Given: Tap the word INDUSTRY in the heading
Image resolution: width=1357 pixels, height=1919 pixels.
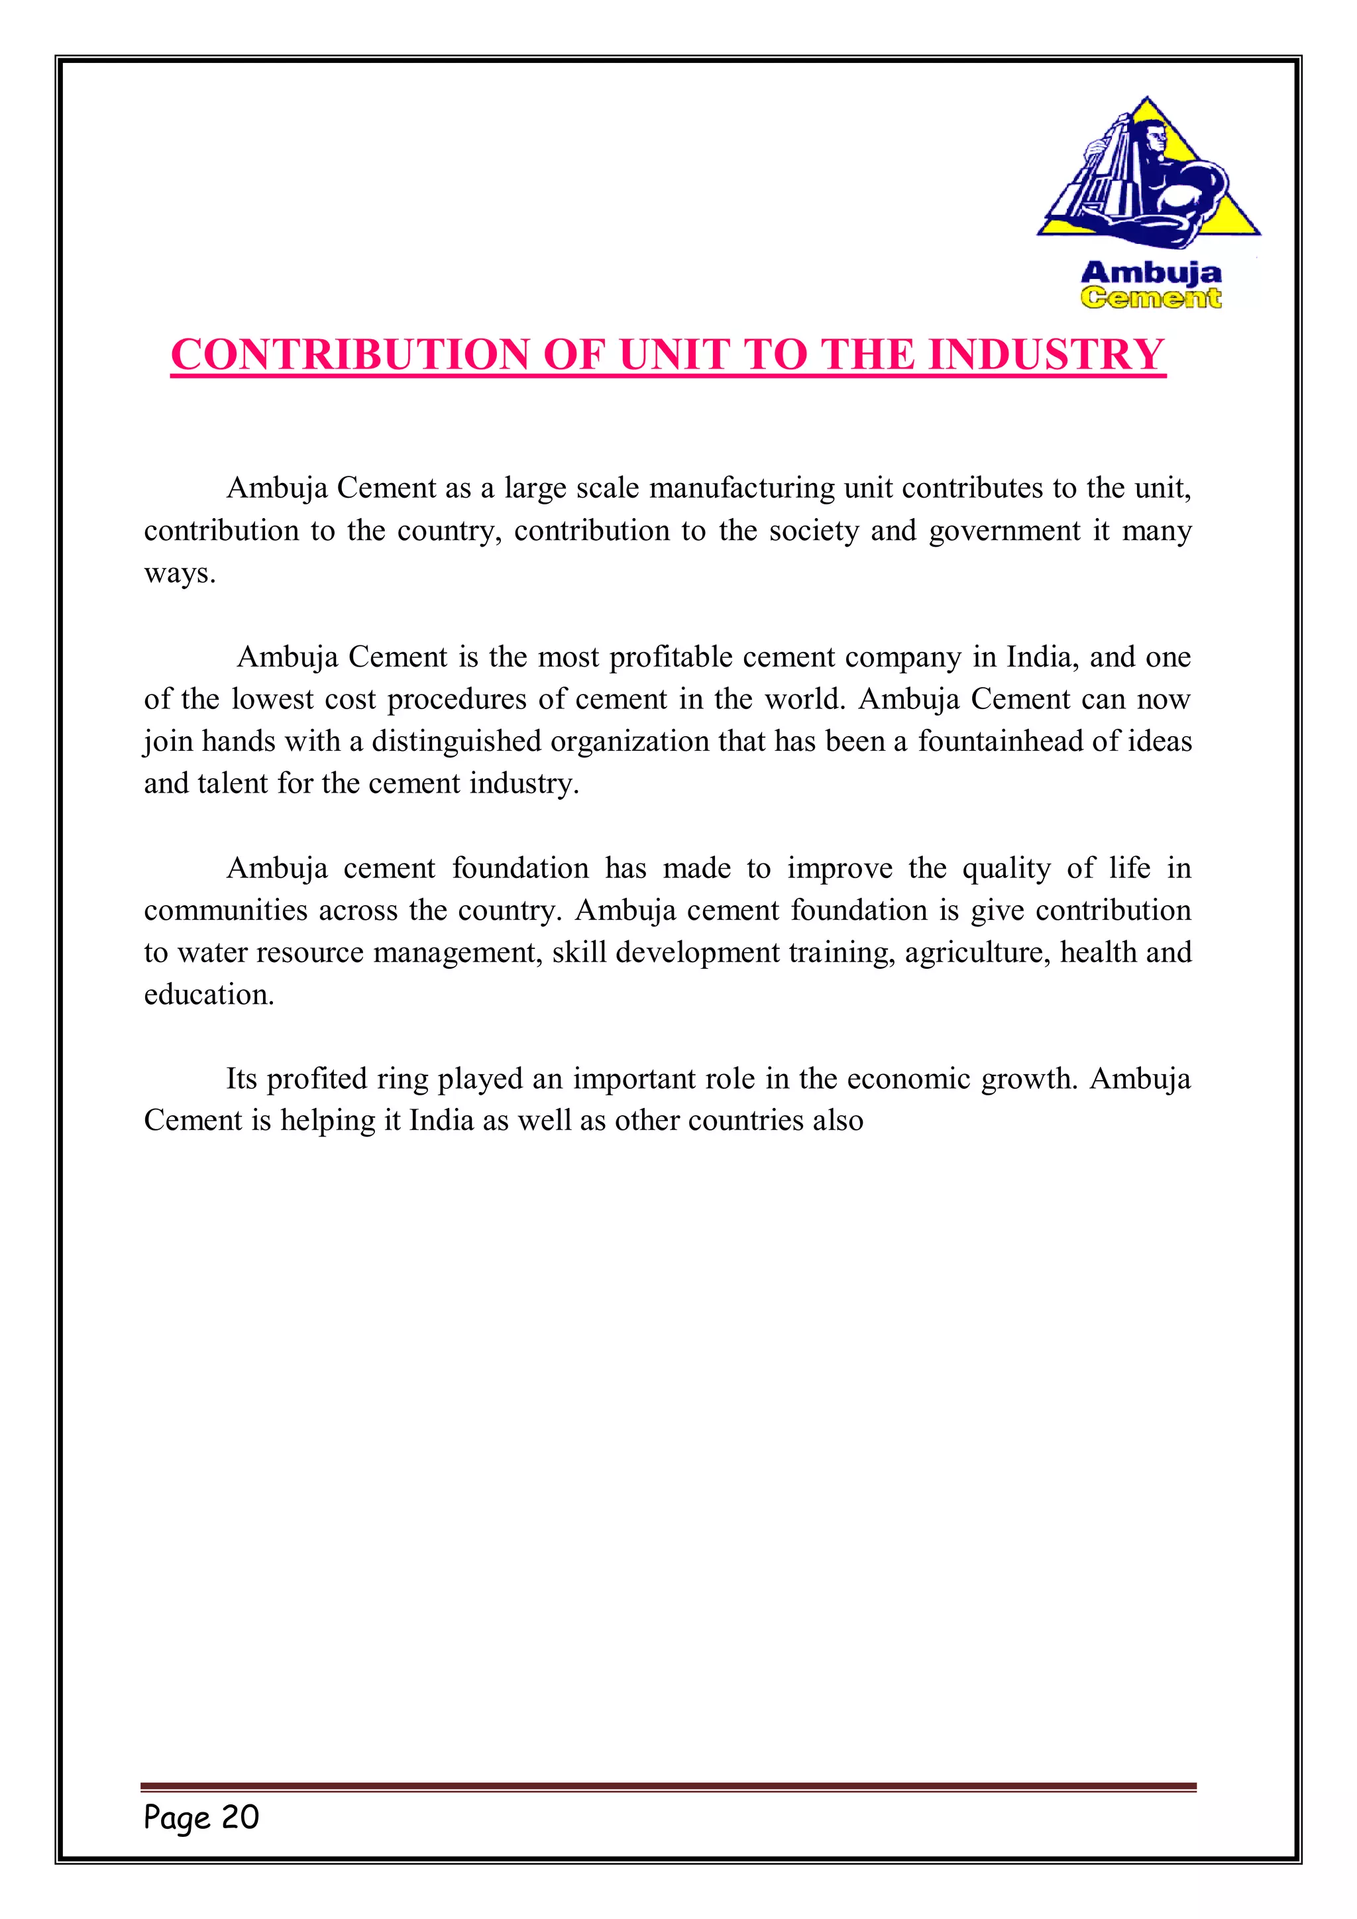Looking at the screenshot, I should [x=1046, y=355].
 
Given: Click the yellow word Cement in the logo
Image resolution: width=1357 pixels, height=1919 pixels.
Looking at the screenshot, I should [x=1151, y=298].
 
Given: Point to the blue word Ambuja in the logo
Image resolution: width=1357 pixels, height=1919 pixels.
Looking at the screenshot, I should [x=1151, y=272].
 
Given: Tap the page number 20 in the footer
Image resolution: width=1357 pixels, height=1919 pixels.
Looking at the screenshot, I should [x=240, y=1816].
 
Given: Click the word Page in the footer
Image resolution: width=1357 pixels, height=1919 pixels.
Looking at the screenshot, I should [x=176, y=1818].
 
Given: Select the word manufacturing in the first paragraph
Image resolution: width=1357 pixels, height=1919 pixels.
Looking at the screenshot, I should [x=741, y=488].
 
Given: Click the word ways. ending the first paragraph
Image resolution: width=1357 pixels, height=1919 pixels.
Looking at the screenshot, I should [x=180, y=575].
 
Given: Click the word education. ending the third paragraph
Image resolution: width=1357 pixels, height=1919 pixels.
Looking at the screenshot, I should [x=209, y=995].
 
